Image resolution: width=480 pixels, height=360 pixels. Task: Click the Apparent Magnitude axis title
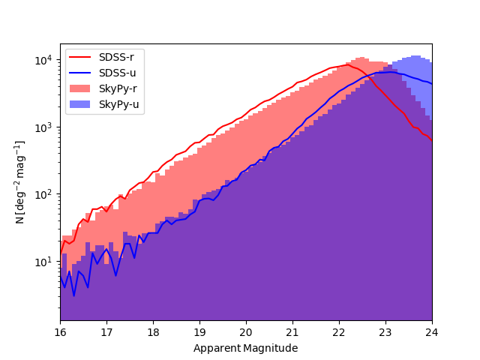pyautogui.click(x=245, y=348)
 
